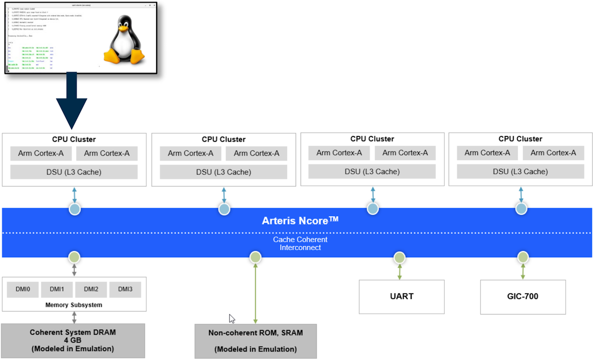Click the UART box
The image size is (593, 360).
[x=401, y=297]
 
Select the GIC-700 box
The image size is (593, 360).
[x=523, y=297]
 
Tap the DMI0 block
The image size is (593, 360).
[x=22, y=289]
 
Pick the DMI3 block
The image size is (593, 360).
[x=125, y=289]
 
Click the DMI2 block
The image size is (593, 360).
[x=91, y=289]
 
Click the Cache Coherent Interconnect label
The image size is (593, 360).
[x=300, y=243]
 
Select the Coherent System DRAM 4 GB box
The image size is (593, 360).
[x=73, y=341]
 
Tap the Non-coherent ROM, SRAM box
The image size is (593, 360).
[x=255, y=341]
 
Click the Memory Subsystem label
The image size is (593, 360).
[x=74, y=305]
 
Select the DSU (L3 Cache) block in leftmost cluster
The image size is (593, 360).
[x=74, y=172]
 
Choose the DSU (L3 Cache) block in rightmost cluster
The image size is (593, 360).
[x=520, y=172]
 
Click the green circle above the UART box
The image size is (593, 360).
[x=399, y=257]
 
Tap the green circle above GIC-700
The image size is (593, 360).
[x=523, y=257]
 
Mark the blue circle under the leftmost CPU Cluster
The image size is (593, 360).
[x=75, y=209]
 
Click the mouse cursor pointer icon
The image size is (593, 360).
[x=232, y=318]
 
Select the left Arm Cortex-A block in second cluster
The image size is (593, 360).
[x=191, y=153]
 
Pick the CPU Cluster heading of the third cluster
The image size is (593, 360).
[x=372, y=139]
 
